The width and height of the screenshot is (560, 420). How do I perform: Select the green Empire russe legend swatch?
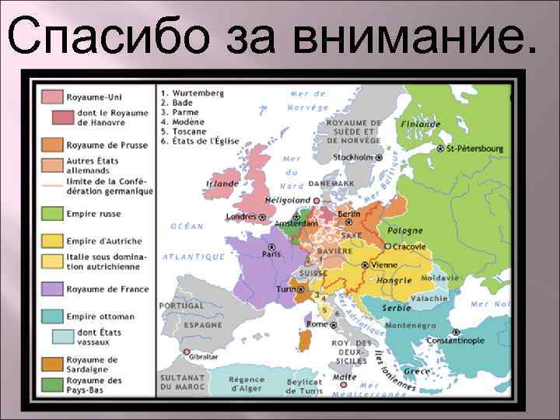pos(53,213)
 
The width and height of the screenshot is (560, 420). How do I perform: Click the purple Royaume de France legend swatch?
pos(53,289)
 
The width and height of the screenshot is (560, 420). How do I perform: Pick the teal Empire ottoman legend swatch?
pos(53,317)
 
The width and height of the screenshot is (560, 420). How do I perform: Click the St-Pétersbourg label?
pos(474,148)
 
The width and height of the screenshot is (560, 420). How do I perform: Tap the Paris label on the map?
pos(271,254)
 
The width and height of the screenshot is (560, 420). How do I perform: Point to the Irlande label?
pos(222,184)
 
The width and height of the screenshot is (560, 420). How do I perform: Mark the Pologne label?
pos(405,230)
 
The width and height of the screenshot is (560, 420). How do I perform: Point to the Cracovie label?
pos(409,247)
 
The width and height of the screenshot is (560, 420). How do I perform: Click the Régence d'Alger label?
pos(247,384)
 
